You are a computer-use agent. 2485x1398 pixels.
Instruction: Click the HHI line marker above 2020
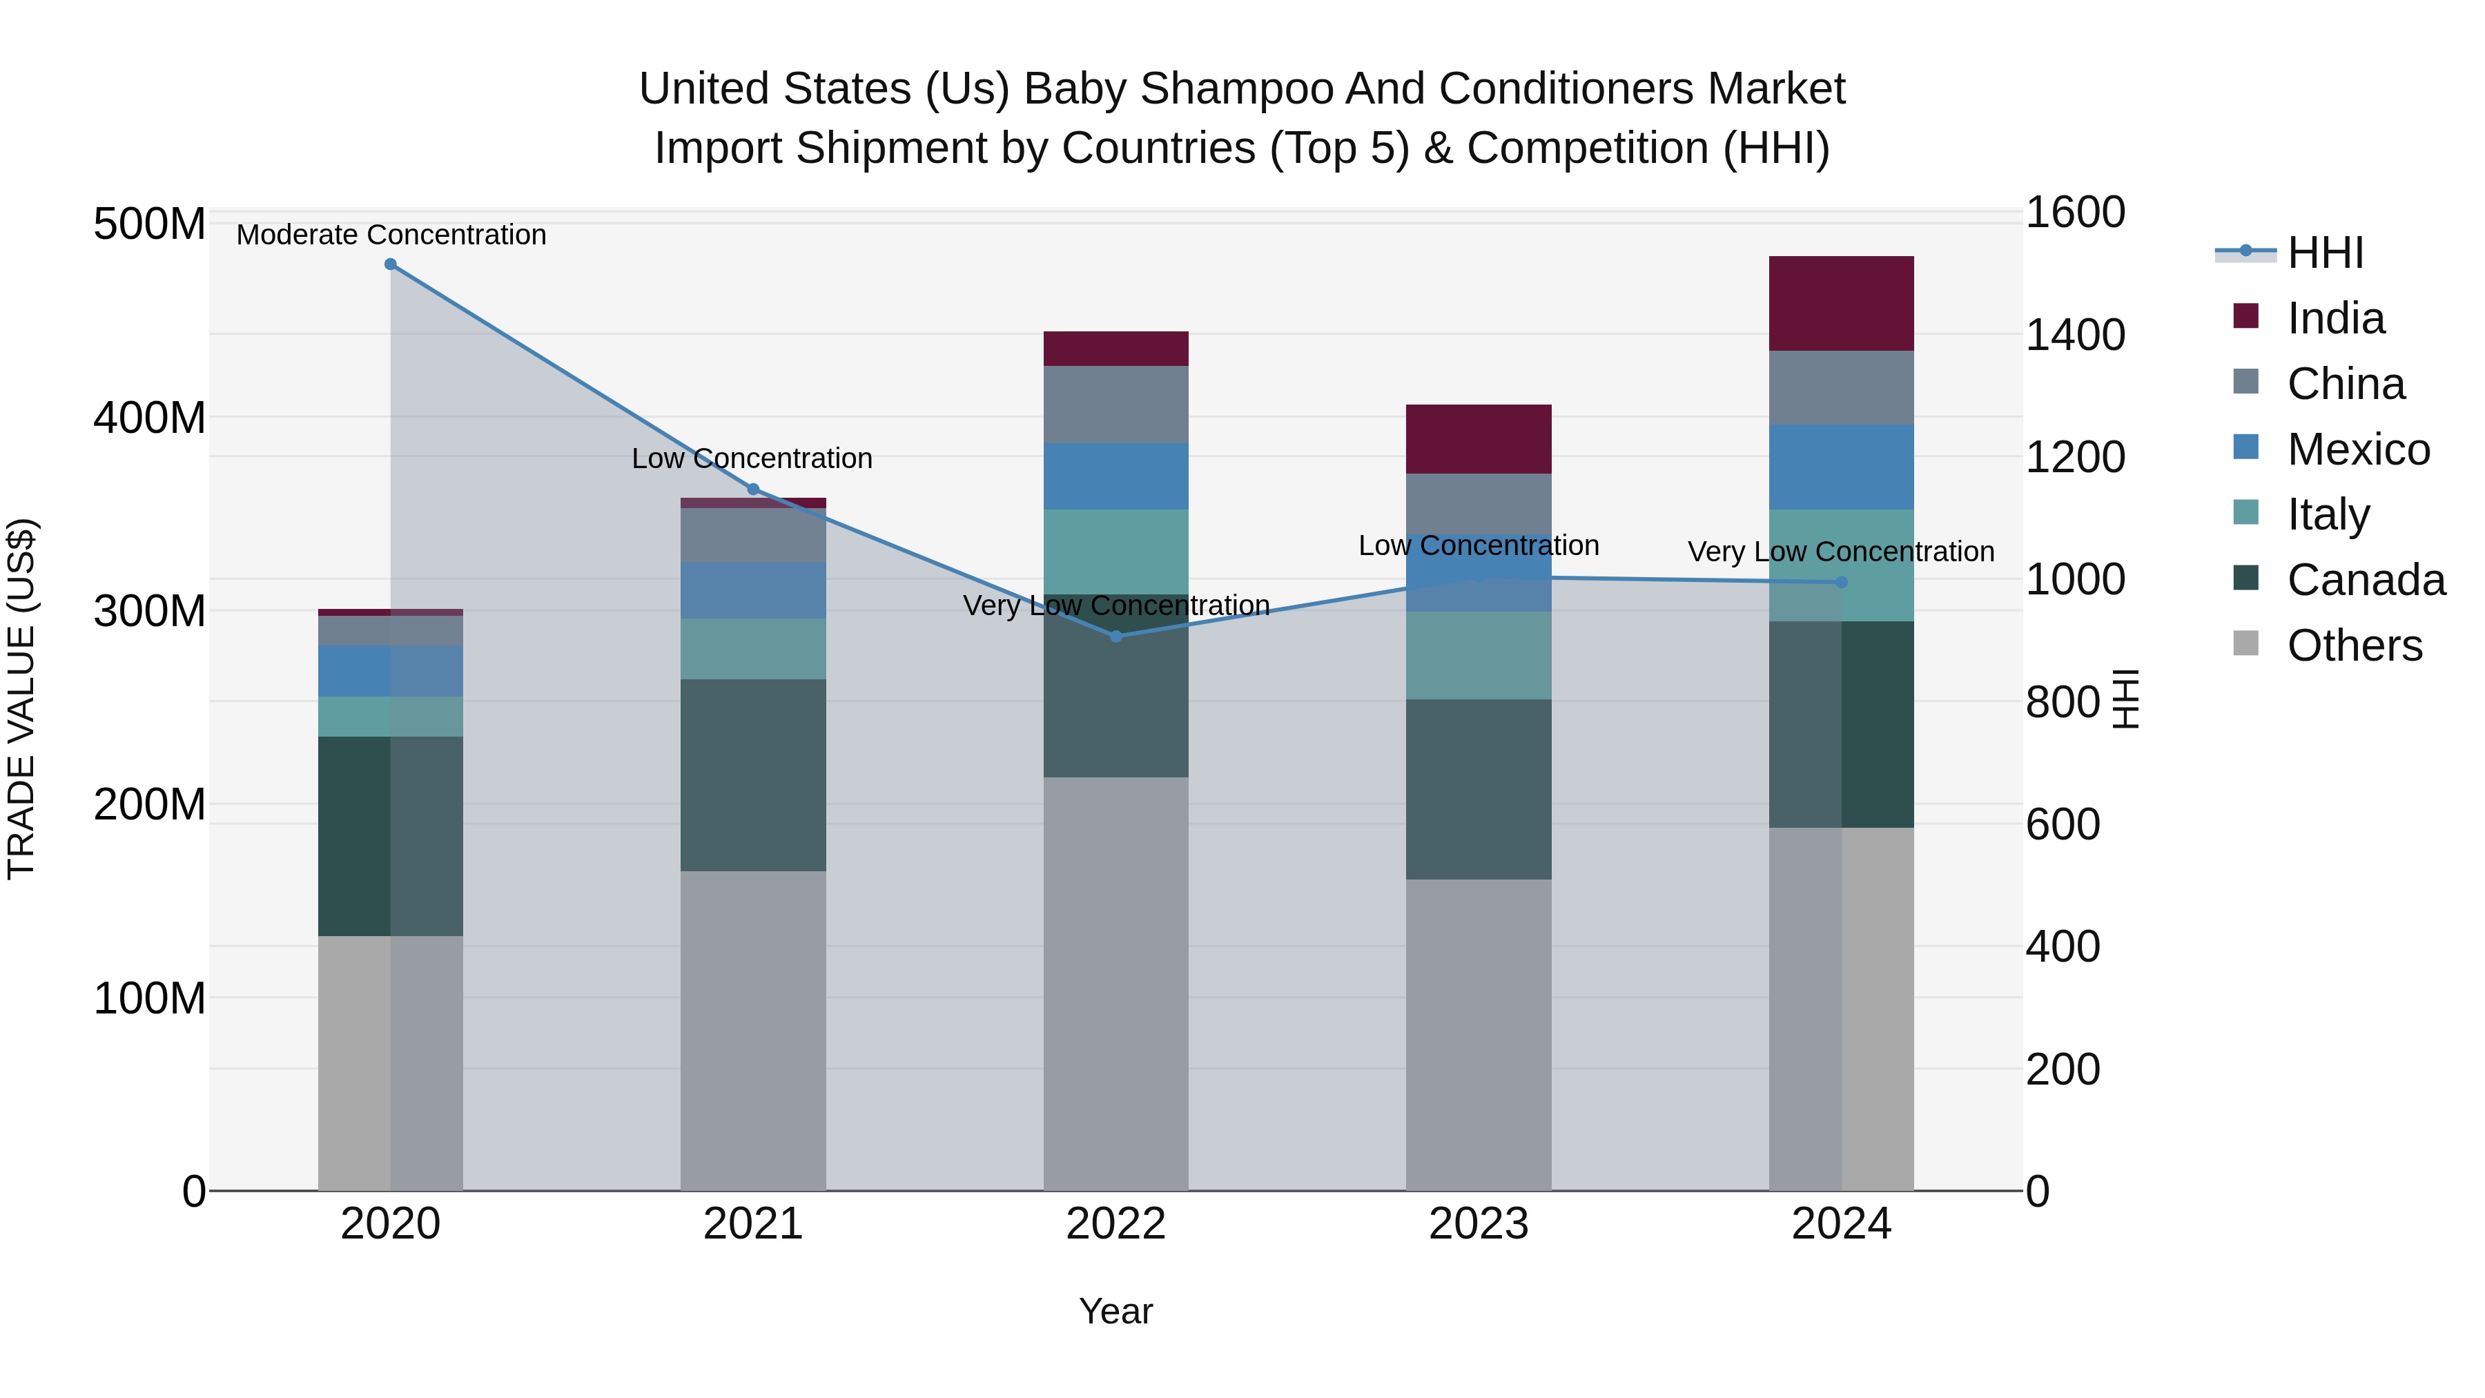pos(391,264)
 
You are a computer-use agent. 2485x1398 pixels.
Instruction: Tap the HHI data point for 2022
pos(1116,636)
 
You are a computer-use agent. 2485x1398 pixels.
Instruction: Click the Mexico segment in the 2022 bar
pos(1116,476)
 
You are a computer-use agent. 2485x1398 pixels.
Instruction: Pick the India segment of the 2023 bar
pos(1478,439)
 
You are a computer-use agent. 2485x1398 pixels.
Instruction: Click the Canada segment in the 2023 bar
pos(1478,788)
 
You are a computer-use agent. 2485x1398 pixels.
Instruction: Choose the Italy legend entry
pos(2327,514)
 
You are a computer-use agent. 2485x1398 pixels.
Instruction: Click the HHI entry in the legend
pos(2325,253)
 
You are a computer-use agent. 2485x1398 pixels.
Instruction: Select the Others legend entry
pos(2354,645)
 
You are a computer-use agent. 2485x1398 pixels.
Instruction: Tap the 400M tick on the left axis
pos(150,418)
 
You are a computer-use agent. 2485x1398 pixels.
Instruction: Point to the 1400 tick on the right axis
pos(2074,335)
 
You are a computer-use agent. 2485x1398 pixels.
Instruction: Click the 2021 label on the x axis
pos(753,1224)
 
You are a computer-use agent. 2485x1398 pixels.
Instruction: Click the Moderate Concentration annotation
pos(391,235)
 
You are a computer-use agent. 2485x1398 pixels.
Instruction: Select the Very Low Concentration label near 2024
pos(1840,552)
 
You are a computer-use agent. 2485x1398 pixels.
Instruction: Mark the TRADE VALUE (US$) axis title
pos(21,699)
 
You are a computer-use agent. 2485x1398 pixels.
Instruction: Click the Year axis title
pos(1116,1311)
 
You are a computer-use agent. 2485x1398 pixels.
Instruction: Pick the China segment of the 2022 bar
pos(1116,405)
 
